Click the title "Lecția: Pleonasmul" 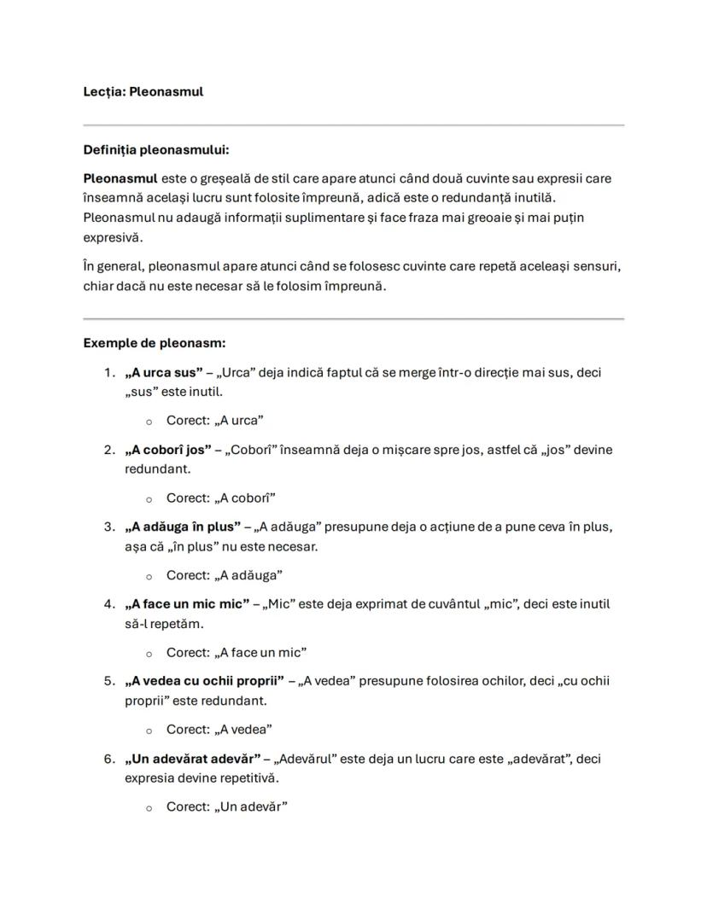[143, 91]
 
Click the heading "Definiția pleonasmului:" [156, 150]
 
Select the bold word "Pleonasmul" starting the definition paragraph [120, 178]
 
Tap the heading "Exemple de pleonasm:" [154, 343]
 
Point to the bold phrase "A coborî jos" [167, 450]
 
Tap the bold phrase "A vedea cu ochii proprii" [205, 681]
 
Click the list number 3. [108, 527]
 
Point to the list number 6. [108, 759]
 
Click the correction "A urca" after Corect [239, 421]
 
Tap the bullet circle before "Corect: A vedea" [149, 731]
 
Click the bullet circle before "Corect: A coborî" [149, 499]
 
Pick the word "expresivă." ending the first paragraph [113, 236]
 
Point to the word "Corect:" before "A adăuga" [188, 575]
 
